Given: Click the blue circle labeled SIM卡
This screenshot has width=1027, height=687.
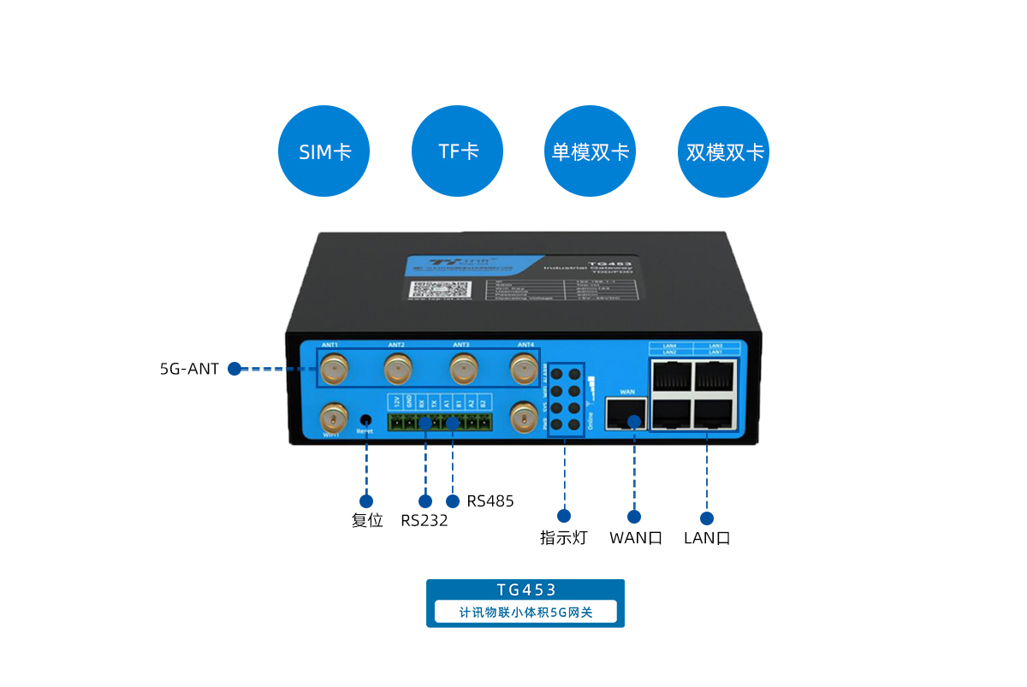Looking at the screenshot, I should [325, 151].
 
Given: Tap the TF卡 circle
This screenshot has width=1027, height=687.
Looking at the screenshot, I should [458, 151].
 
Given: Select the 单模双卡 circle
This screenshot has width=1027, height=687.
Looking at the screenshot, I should [591, 151].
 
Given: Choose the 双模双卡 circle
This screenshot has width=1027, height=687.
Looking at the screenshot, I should [723, 151].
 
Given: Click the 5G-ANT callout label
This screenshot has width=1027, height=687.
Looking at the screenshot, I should [189, 370].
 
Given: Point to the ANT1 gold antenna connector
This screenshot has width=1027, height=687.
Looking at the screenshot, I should [333, 370].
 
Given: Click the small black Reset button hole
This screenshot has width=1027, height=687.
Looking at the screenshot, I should [365, 419].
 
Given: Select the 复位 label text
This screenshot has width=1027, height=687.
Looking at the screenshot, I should [367, 520].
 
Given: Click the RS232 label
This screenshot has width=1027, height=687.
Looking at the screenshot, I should [424, 520].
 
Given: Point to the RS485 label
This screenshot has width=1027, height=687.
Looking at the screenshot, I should [490, 501].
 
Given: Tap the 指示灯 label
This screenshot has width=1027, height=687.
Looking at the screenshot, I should [563, 538].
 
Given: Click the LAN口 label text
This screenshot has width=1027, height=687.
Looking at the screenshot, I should [707, 538].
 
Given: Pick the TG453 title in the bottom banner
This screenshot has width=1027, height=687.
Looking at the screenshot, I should [525, 589].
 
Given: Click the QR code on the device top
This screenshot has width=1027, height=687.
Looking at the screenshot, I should [425, 290].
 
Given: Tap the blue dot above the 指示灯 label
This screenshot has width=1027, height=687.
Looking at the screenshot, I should [563, 515].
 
